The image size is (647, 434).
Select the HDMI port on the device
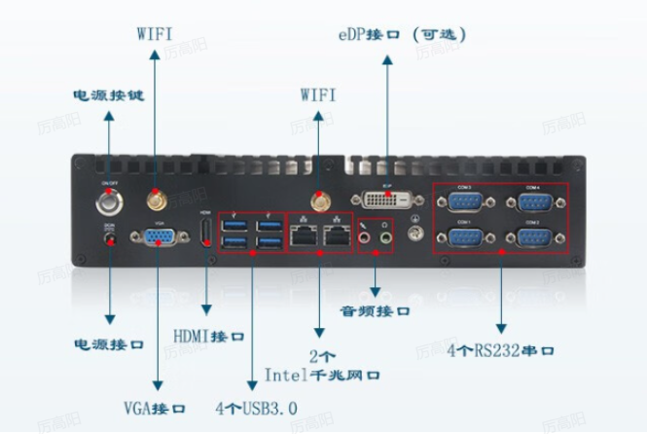(206, 232)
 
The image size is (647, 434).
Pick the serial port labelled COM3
(464, 203)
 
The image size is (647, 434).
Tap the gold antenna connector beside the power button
(154, 200)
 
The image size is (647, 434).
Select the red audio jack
(367, 235)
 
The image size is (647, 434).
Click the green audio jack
(385, 235)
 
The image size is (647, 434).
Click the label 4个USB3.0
(256, 406)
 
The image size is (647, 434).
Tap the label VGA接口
(155, 406)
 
